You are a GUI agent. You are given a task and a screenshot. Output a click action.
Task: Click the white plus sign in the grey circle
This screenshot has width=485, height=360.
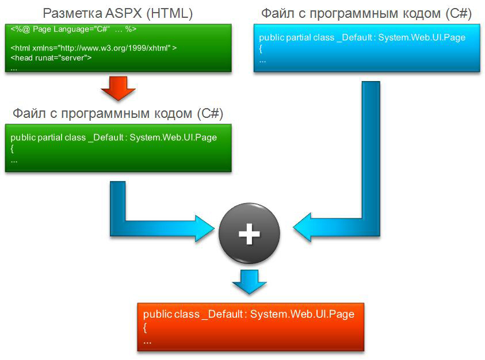[249, 233]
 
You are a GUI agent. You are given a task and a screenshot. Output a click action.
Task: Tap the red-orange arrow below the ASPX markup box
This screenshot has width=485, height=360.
[118, 89]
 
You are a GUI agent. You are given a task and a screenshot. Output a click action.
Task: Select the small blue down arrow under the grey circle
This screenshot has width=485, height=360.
[249, 282]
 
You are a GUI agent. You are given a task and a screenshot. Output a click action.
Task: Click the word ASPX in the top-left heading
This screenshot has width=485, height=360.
[124, 13]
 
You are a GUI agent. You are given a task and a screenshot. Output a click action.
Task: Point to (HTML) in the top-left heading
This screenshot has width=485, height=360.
[170, 14]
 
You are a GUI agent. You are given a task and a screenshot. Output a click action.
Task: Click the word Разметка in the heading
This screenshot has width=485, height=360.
[72, 14]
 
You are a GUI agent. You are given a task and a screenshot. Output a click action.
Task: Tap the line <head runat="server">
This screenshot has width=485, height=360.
[51, 58]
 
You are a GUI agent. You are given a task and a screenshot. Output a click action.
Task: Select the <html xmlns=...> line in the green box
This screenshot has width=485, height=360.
[94, 48]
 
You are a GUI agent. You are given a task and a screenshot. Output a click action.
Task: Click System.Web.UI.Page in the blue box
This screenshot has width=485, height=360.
[422, 38]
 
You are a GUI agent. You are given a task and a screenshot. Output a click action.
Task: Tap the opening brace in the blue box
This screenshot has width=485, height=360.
[261, 48]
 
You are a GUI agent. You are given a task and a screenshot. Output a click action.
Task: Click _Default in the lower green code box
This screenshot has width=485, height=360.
[106, 137]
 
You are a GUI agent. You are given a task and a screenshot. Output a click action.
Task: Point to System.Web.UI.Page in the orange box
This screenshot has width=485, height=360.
[302, 314]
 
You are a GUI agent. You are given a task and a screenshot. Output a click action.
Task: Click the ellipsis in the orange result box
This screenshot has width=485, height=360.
[147, 342]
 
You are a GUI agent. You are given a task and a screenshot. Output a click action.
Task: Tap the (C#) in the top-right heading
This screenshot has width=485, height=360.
[459, 14]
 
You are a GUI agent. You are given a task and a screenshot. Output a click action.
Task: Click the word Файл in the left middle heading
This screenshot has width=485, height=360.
[29, 113]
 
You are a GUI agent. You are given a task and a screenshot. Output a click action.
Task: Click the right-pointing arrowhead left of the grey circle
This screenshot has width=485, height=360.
[205, 228]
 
